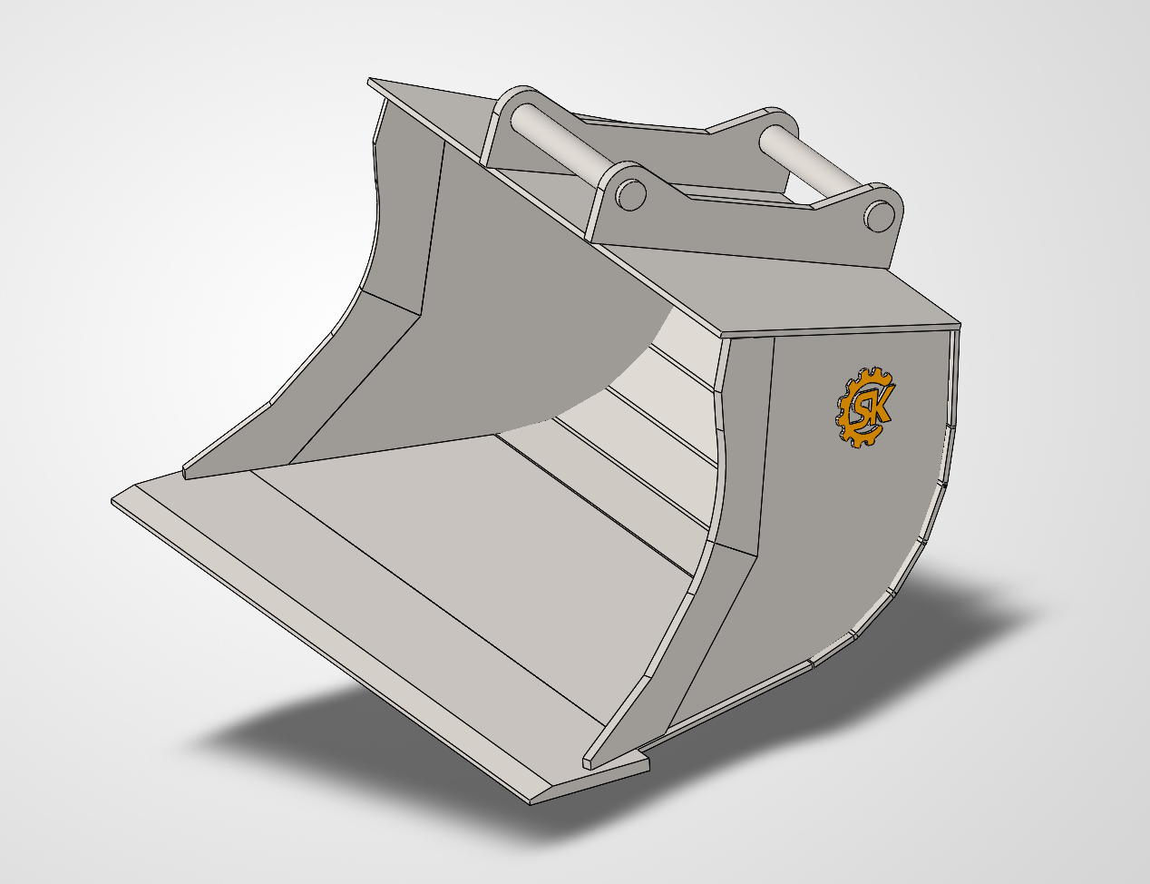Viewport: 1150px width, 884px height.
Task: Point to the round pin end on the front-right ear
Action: (x=878, y=214)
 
